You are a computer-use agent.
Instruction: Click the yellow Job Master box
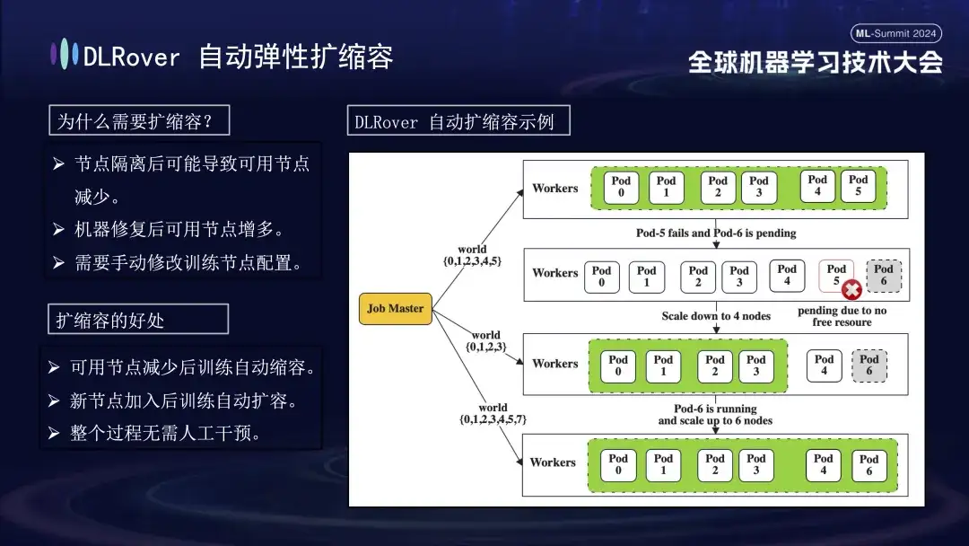[396, 308]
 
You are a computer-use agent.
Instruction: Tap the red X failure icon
[851, 290]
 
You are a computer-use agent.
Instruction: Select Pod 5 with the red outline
[836, 275]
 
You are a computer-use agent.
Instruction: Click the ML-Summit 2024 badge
[896, 33]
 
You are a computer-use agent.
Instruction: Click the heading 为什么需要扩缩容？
[139, 120]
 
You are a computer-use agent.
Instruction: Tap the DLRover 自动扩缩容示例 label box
[458, 121]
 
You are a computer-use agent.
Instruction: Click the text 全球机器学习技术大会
[816, 62]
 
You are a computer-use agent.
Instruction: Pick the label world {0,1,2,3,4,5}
[472, 255]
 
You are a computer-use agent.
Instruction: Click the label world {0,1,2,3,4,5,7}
[493, 414]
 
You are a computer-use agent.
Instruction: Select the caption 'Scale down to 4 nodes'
[716, 316]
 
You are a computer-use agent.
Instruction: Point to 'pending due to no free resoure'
[842, 316]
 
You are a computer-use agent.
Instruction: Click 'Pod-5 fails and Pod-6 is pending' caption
[716, 233]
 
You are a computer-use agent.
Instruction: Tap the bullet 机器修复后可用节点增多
[179, 229]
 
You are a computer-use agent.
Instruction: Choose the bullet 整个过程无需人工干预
[166, 434]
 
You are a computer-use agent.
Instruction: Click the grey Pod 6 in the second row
[884, 275]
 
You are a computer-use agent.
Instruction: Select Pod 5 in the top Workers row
[859, 186]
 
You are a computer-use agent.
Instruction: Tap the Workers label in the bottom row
[553, 462]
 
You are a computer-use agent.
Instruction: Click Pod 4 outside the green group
[824, 365]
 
